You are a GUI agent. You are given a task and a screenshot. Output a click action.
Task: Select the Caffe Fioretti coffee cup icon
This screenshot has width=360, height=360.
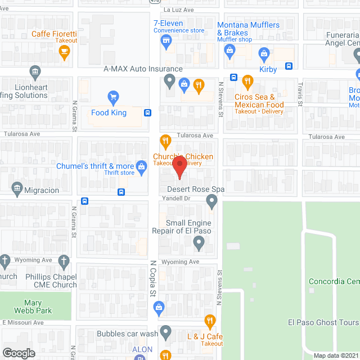[64, 52]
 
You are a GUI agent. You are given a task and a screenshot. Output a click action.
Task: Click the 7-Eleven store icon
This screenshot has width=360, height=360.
[165, 40]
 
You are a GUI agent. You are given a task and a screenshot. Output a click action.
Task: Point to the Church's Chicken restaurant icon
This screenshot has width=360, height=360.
[165, 141]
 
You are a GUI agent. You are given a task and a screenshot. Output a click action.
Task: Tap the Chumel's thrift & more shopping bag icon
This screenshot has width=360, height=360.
[142, 166]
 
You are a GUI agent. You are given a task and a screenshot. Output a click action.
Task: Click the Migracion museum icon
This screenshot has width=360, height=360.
[16, 187]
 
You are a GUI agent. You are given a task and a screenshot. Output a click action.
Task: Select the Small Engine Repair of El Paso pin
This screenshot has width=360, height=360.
[198, 244]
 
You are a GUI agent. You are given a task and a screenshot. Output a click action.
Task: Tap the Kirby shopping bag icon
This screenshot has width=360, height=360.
[264, 55]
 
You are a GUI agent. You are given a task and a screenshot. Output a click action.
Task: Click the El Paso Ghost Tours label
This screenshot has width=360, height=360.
[323, 322]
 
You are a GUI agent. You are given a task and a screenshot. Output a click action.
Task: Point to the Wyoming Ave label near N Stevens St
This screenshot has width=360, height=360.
[181, 262]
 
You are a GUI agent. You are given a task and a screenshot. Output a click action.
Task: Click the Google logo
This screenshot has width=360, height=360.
[19, 353]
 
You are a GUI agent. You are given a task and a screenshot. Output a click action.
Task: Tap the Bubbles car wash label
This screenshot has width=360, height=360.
[125, 334]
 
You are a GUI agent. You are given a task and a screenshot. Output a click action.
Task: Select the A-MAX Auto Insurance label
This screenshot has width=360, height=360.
[143, 69]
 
